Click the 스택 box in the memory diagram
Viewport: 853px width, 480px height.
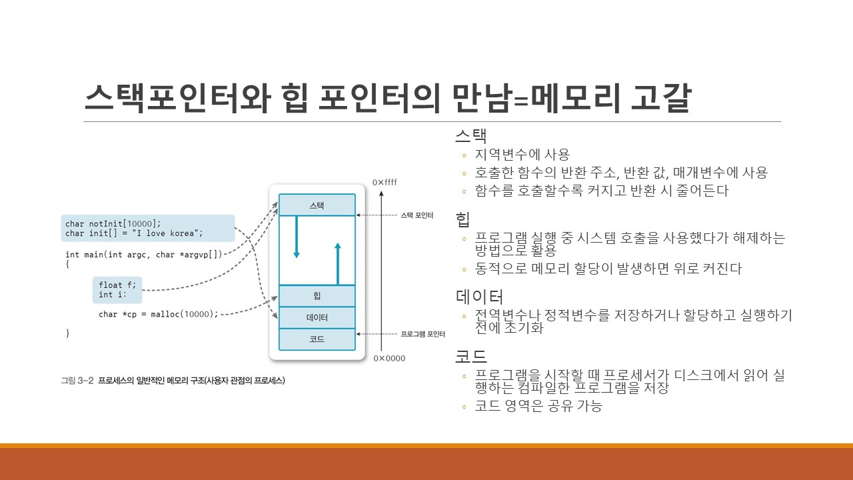(x=317, y=205)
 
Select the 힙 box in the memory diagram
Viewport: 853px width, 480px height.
(x=317, y=295)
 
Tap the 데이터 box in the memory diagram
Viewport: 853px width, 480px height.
(x=317, y=317)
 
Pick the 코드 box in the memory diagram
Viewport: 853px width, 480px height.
(x=317, y=339)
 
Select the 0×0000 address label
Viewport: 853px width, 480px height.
(x=389, y=359)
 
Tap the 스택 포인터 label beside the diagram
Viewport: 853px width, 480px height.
(x=417, y=215)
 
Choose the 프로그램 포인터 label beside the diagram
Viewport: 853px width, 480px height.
(x=423, y=333)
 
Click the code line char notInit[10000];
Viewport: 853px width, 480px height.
(x=113, y=224)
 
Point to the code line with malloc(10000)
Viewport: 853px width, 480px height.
(x=159, y=314)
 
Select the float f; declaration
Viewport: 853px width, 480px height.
(x=117, y=285)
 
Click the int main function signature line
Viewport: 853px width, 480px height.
(x=144, y=254)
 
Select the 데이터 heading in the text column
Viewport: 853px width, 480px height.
(x=479, y=297)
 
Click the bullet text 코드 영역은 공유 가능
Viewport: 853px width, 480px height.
(x=538, y=405)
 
